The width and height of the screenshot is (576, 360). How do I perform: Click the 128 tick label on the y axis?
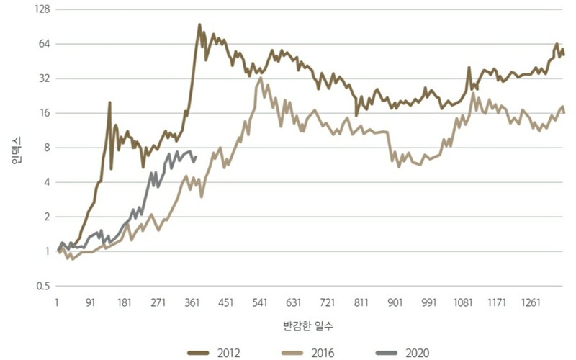tap(42, 9)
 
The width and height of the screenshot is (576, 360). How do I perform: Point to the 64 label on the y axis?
tap(45, 44)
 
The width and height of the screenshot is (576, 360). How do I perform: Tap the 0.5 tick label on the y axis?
tap(43, 286)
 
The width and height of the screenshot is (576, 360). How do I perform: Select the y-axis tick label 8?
tap(47, 148)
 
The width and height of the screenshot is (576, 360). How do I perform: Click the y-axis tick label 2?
tap(47, 217)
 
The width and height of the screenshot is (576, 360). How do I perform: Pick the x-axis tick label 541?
tap(260, 302)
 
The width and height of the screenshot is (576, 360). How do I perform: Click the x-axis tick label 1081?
tap(463, 302)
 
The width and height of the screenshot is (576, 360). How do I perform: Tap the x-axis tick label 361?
tap(192, 302)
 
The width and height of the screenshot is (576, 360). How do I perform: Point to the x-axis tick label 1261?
tap(531, 302)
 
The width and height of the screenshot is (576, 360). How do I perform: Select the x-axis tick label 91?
tap(91, 302)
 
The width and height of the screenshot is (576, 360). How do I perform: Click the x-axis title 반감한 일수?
tap(308, 326)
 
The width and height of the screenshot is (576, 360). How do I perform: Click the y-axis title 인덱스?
tap(17, 150)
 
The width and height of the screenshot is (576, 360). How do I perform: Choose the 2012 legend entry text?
tap(228, 353)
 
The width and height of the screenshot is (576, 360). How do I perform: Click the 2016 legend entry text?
tap(323, 353)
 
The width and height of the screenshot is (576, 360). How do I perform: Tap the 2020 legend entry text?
tap(418, 353)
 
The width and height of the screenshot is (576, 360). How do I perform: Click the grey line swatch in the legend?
tap(387, 354)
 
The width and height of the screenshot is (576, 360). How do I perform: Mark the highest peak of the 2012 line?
tap(199, 24)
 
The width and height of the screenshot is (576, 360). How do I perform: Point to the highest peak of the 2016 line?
tap(261, 78)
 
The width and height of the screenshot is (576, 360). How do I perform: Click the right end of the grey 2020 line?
tap(195, 157)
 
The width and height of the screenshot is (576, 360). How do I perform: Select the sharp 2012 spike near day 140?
tap(109, 102)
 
